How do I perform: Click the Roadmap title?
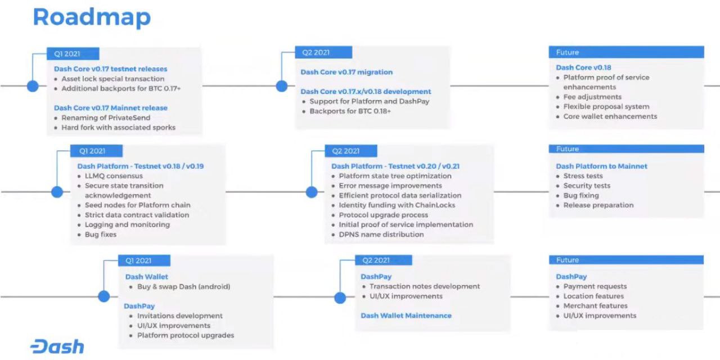[x=92, y=17]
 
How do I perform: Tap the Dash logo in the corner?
[x=57, y=346]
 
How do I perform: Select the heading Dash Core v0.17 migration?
[x=346, y=72]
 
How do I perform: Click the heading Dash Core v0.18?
[x=583, y=67]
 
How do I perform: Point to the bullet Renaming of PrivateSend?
[x=106, y=118]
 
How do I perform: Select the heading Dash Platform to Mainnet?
[x=601, y=166]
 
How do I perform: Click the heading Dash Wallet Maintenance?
[x=406, y=316]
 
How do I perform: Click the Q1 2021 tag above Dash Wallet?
[x=144, y=260]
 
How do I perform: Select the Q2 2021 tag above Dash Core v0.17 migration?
[x=323, y=52]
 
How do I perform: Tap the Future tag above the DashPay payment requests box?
[x=626, y=260]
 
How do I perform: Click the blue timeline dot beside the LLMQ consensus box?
[x=57, y=192]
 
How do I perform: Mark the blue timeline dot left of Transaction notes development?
[x=340, y=298]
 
